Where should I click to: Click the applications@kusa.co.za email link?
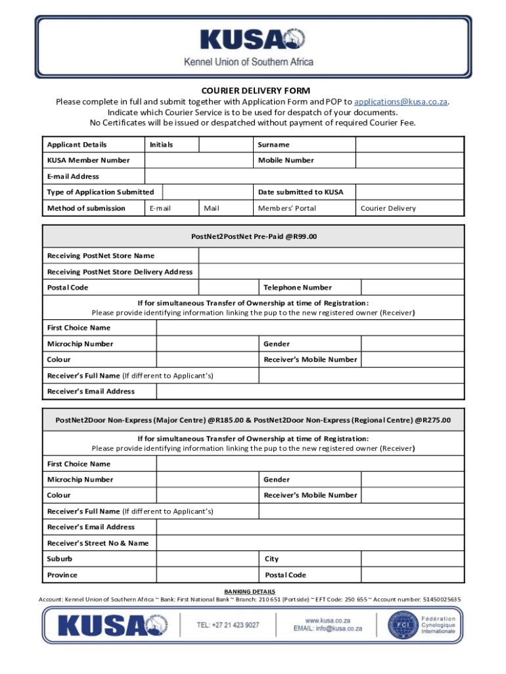[x=401, y=102]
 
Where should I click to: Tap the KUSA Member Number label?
[x=88, y=161]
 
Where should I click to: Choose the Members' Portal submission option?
[x=287, y=209]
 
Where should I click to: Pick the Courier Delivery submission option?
[x=388, y=209]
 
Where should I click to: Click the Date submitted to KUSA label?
[x=300, y=192]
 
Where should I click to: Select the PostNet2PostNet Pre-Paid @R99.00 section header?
[x=253, y=236]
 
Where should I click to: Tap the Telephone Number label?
[x=297, y=288]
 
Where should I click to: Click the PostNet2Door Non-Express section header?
[x=253, y=420]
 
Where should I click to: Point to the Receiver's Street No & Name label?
[x=97, y=543]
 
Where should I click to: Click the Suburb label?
[x=60, y=559]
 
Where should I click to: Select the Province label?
[x=62, y=575]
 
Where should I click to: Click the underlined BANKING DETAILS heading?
[x=250, y=592]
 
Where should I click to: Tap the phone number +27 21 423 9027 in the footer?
[x=228, y=625]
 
